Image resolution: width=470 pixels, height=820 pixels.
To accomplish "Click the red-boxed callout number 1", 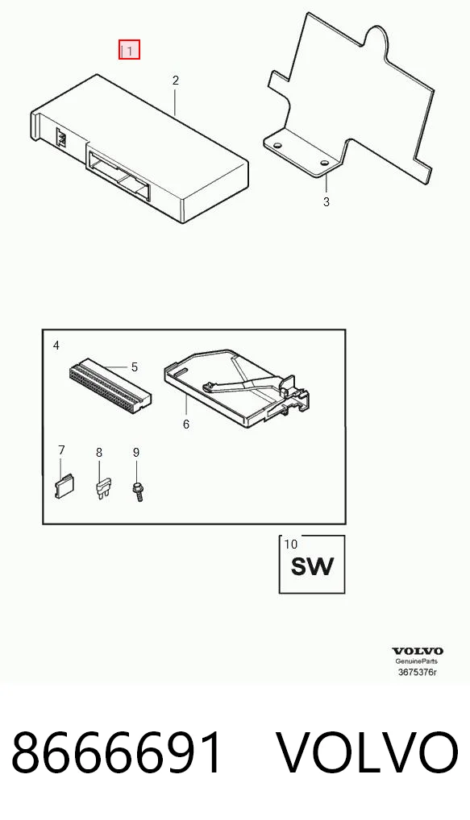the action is tap(129, 50).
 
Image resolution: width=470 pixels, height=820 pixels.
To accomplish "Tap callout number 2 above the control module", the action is tap(175, 80).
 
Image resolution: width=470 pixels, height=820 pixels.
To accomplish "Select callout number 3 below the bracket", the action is tap(326, 202).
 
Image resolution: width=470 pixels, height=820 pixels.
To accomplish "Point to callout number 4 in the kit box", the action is tap(56, 345).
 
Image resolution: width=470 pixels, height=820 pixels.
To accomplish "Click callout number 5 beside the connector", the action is tap(135, 367).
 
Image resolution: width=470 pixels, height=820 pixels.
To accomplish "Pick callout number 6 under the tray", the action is tap(186, 424).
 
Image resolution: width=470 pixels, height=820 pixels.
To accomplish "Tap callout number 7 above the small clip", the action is tap(62, 450).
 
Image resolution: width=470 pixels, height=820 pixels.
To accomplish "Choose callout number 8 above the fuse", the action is tap(99, 453).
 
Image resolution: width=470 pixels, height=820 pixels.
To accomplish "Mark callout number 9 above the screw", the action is tap(136, 453).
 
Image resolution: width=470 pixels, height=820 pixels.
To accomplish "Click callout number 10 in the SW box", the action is tap(290, 544).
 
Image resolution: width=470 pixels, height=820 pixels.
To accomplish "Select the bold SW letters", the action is tap(312, 566).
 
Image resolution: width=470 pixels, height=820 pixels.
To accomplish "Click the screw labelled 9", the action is tap(138, 491).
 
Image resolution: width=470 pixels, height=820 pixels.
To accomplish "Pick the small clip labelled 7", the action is tap(64, 487).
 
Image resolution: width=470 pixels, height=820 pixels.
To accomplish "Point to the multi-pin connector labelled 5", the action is tap(110, 386).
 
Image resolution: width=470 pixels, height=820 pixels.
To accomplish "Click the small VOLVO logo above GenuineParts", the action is tap(418, 651).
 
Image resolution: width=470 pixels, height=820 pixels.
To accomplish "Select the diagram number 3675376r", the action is tap(418, 672).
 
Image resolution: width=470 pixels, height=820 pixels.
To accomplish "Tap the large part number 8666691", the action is tap(117, 753).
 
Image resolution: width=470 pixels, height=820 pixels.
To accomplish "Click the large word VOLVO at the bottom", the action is tap(368, 753).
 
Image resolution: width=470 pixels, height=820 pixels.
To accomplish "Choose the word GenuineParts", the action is tap(417, 661).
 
